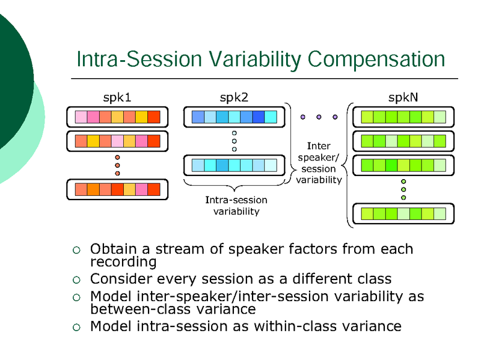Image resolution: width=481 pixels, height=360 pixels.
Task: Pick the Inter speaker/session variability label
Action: [319, 162]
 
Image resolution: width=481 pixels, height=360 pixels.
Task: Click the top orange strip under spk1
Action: [117, 117]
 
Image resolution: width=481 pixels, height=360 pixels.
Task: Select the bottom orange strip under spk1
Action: [117, 190]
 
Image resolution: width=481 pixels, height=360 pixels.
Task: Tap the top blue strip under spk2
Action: [234, 117]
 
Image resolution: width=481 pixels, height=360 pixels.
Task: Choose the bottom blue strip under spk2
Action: [234, 165]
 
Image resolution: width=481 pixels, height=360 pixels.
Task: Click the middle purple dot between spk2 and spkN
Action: [319, 117]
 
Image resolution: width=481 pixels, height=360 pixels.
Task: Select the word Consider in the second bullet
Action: [118, 279]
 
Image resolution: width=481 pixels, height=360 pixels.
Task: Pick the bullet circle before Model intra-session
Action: [76, 327]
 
